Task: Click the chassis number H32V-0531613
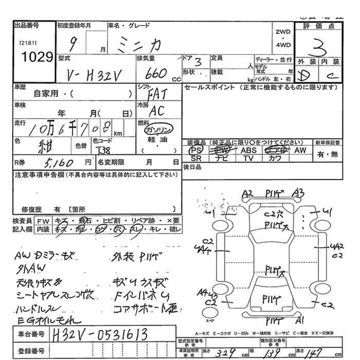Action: click(100, 335)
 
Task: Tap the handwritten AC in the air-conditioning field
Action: click(156, 111)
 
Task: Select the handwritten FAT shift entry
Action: click(156, 94)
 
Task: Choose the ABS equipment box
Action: click(249, 150)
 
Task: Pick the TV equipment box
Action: click(249, 158)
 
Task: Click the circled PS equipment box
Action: click(195, 150)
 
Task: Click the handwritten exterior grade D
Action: click(305, 77)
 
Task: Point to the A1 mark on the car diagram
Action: click(300, 319)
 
